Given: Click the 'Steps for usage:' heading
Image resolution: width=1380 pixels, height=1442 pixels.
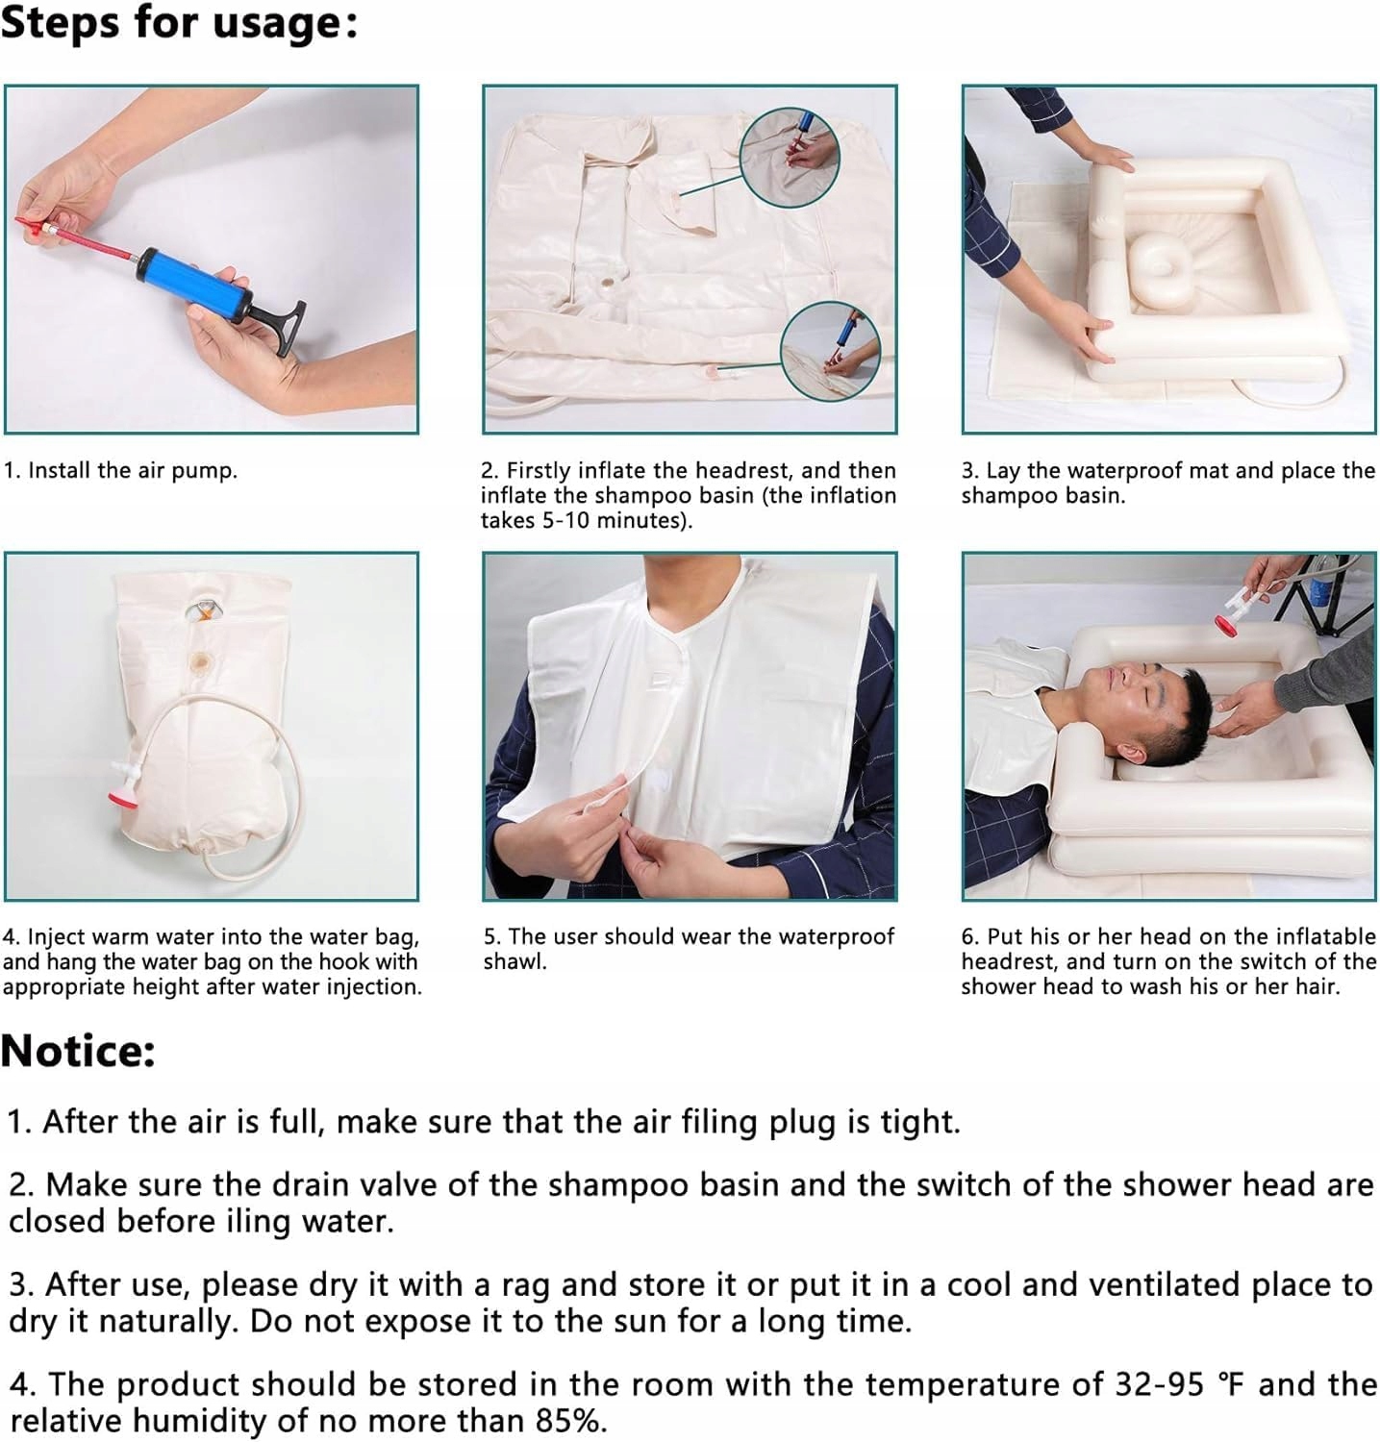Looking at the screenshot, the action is pyautogui.click(x=179, y=23).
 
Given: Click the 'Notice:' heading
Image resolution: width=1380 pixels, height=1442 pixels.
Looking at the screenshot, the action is pyautogui.click(x=78, y=1051).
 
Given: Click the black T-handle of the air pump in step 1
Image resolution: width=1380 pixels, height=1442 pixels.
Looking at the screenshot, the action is pyautogui.click(x=278, y=323).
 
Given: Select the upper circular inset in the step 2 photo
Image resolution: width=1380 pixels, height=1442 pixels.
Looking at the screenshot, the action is pyautogui.click(x=790, y=157).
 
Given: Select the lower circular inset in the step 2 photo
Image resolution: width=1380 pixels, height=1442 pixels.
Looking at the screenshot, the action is pyautogui.click(x=830, y=351).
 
